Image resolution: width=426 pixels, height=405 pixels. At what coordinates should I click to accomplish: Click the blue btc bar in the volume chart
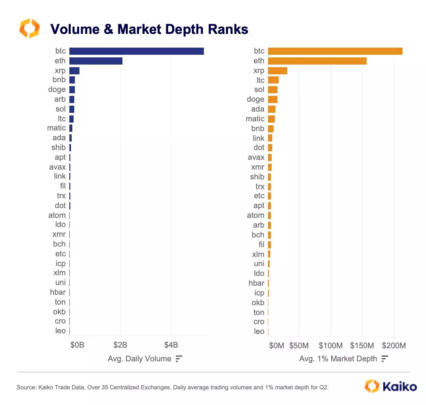136,51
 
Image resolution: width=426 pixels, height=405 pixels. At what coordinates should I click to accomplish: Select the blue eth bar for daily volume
96,61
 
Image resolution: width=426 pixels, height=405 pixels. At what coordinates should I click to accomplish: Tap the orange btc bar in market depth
335,51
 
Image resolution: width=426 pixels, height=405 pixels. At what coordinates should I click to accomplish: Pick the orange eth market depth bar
317,61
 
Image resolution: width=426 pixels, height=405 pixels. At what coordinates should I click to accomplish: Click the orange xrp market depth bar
277,71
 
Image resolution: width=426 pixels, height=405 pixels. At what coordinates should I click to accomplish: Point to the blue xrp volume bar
74,71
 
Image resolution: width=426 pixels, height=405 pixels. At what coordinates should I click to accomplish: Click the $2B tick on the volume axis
120,345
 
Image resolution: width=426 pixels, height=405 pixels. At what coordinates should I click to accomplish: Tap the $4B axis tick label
171,345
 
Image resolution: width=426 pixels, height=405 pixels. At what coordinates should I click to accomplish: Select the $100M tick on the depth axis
331,346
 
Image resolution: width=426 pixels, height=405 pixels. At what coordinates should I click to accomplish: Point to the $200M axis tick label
394,346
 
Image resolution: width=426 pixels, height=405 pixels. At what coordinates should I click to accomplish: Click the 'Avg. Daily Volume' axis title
139,359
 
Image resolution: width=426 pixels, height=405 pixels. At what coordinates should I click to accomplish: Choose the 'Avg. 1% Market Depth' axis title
338,359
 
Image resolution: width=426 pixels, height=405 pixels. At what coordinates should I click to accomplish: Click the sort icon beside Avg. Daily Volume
179,359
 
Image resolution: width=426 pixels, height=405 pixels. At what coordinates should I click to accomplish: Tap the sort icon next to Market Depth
385,359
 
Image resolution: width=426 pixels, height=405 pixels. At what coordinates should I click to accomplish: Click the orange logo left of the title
29,28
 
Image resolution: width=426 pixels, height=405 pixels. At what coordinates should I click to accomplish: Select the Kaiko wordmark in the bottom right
399,386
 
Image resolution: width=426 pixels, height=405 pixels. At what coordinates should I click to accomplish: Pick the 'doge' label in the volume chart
57,90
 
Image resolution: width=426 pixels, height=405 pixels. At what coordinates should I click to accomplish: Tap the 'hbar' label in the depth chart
256,283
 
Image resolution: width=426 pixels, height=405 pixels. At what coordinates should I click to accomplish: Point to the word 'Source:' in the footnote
26,387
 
